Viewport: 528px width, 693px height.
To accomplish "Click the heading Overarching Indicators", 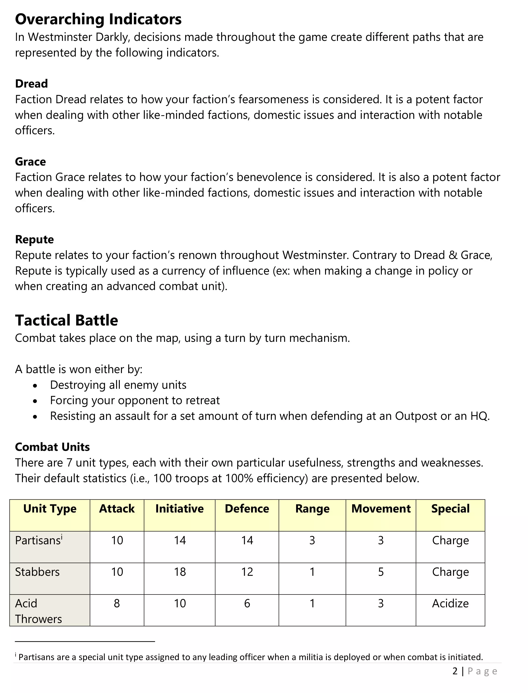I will [x=98, y=19].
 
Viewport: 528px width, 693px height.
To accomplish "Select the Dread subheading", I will [x=32, y=84].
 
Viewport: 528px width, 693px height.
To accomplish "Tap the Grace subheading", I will [x=31, y=162].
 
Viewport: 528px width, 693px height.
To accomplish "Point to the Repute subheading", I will [x=35, y=240].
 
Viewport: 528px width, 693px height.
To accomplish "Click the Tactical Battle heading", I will [x=66, y=320].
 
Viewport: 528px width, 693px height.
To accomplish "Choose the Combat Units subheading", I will [x=52, y=447].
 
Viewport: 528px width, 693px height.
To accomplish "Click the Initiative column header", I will [x=179, y=509].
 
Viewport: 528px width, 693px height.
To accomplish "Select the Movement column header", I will [x=381, y=509].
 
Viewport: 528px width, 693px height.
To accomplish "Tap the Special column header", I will [x=450, y=509].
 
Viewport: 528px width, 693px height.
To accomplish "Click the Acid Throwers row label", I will [x=38, y=611].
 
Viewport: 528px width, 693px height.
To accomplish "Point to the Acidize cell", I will [x=450, y=603].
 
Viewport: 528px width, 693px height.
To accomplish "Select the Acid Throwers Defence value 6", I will [x=247, y=603].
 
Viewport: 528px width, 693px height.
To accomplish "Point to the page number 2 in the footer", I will [x=455, y=671].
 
